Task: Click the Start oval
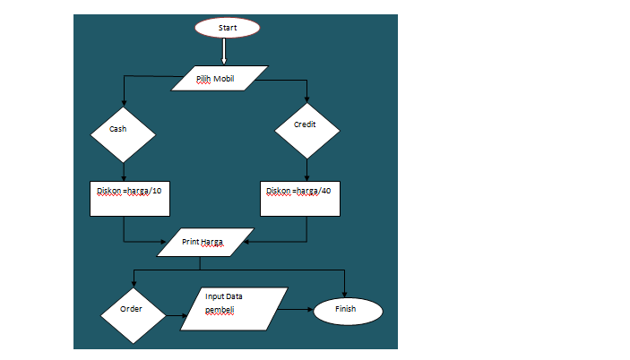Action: [x=228, y=28]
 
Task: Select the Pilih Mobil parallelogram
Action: [x=220, y=79]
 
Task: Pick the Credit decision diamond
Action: [x=307, y=128]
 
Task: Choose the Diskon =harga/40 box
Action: [x=300, y=198]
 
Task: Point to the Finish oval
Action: [x=347, y=310]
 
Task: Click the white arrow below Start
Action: [x=224, y=53]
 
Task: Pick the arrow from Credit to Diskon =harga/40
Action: [x=307, y=169]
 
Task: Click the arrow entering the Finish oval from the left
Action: [x=296, y=310]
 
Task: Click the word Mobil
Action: [x=224, y=79]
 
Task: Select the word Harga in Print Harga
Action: [x=212, y=242]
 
